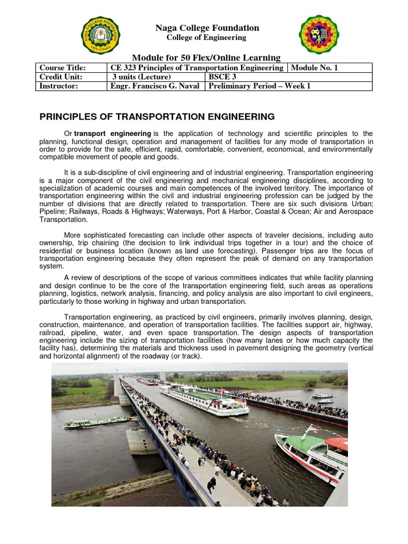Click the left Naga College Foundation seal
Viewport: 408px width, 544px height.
click(x=100, y=36)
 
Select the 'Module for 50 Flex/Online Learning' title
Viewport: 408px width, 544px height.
click(x=206, y=57)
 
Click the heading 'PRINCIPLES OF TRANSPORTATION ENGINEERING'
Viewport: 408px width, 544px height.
click(x=158, y=116)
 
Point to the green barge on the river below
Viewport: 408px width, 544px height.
click(x=96, y=422)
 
